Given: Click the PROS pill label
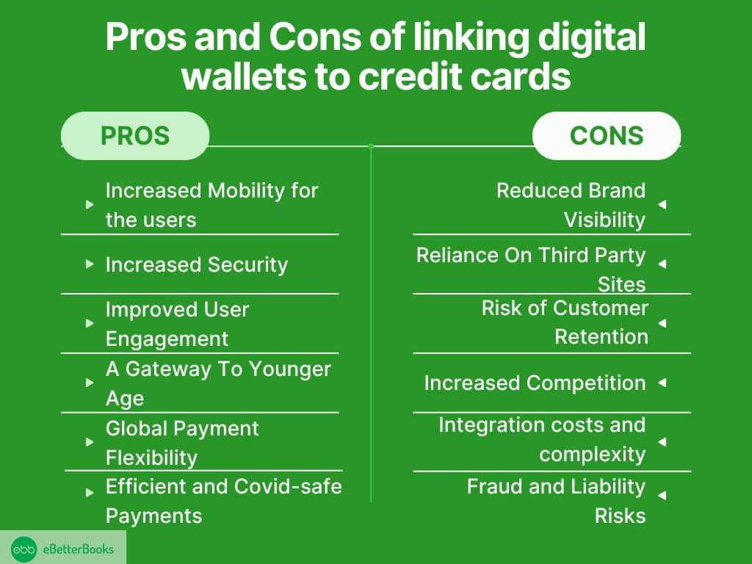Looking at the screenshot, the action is click(x=135, y=136).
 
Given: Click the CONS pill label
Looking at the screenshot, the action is click(x=607, y=136).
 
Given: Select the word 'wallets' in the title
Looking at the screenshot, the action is click(x=244, y=76).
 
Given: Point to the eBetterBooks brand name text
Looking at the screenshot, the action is click(x=78, y=549).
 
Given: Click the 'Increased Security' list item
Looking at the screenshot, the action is click(x=197, y=264).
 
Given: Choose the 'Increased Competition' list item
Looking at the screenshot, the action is click(x=535, y=383).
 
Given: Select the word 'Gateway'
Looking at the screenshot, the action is click(x=168, y=369).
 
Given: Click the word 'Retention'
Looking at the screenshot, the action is click(x=601, y=336).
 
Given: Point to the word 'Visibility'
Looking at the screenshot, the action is click(x=605, y=220).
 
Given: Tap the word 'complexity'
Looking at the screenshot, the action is click(x=593, y=455).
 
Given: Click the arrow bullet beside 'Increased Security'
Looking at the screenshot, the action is click(x=89, y=264).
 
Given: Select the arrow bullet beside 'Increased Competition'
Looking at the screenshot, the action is click(x=662, y=382).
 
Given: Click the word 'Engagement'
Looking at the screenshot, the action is click(x=167, y=339).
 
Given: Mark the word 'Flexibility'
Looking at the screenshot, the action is click(x=151, y=458).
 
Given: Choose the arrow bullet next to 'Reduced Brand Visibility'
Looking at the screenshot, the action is click(x=662, y=204).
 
